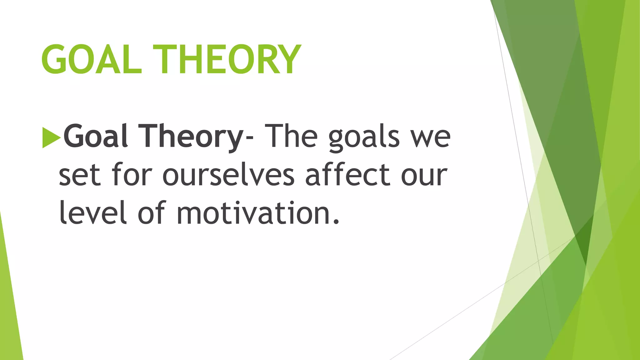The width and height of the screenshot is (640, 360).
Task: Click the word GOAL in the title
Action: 91,59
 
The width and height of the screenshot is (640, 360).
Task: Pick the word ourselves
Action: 228,175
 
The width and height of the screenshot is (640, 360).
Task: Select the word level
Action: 93,212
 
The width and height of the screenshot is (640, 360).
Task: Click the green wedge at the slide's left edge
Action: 9,312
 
